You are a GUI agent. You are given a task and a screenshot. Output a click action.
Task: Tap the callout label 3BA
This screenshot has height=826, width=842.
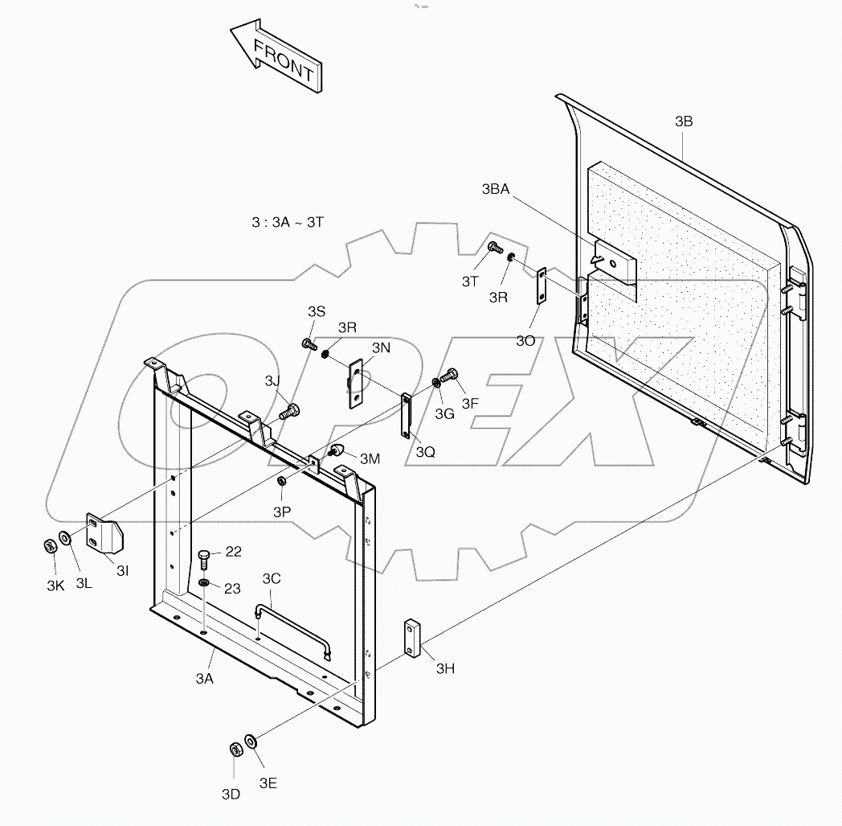(495, 190)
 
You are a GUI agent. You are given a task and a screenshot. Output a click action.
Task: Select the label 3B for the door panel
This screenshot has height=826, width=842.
(684, 122)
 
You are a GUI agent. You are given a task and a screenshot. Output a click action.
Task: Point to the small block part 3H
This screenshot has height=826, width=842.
(413, 639)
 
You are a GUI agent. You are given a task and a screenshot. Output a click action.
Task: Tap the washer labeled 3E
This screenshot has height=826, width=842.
(251, 740)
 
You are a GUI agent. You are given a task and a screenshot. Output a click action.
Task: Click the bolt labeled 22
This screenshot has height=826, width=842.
(206, 557)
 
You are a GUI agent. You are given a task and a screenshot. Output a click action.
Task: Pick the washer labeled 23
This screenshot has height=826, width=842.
(205, 582)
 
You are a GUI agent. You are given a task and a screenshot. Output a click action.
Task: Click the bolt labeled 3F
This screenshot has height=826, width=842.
(452, 375)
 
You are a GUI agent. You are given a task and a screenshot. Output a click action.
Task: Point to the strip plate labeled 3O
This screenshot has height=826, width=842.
(542, 286)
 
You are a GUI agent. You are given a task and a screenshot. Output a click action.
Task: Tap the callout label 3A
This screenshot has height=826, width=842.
(205, 679)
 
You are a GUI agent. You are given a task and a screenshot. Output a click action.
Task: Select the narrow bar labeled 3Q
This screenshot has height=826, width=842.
(406, 416)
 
